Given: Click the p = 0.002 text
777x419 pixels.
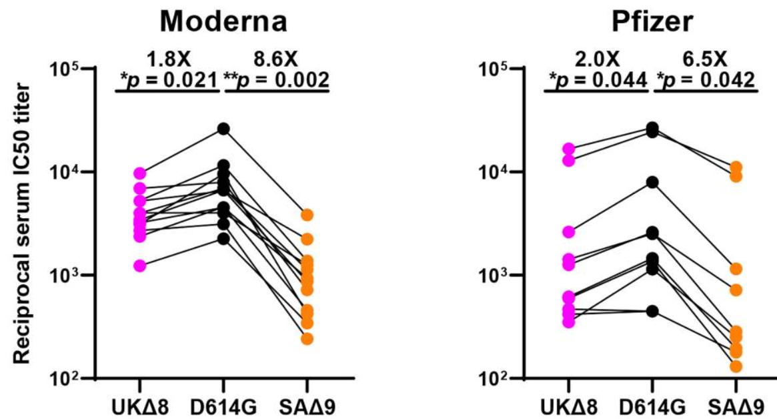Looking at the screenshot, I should pos(283,79).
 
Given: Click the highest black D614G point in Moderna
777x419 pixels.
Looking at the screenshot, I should pos(223,128).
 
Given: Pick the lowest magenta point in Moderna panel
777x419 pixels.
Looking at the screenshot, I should pos(139,266).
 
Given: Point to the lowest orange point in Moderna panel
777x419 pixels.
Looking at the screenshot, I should pos(307,339).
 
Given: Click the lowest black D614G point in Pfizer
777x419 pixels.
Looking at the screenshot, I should pos(652,311).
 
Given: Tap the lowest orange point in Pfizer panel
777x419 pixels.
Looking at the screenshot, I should pos(736,366).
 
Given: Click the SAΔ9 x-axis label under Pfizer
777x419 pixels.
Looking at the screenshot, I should pos(736,403).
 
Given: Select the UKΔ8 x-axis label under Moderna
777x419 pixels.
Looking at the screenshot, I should pos(139,403).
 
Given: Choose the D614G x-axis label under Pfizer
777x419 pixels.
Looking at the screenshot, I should pos(652,403).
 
